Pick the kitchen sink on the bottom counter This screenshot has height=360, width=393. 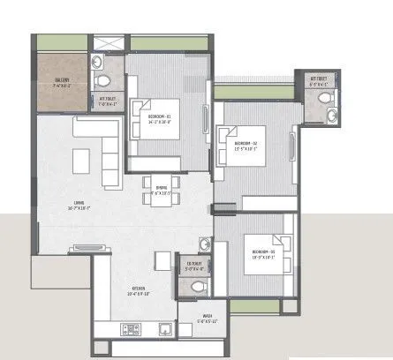point(165,329)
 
